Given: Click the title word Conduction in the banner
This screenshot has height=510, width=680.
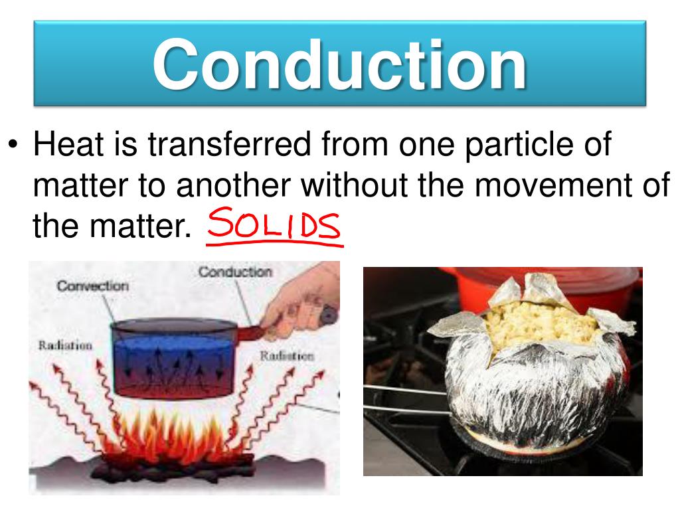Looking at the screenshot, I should click(339, 64).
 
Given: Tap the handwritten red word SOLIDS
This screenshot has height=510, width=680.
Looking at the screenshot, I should click(274, 228).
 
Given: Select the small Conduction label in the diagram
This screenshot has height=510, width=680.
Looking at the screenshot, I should click(235, 272).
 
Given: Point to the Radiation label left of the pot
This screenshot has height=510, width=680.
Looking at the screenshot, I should click(64, 346).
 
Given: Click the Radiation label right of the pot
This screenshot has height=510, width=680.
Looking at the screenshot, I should click(286, 356).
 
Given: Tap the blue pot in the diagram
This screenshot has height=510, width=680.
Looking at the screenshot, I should click(178, 359).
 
